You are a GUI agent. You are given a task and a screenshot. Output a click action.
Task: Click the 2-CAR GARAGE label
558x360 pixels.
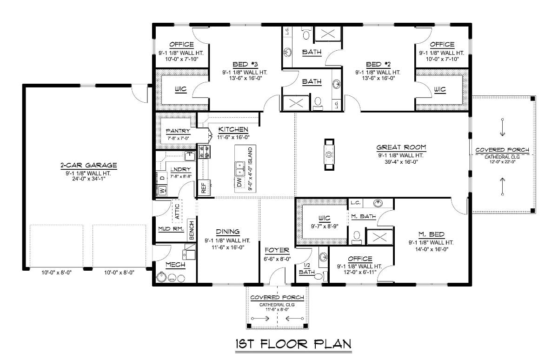(x=88, y=165)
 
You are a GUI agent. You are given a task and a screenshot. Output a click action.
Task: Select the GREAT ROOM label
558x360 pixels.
(x=401, y=147)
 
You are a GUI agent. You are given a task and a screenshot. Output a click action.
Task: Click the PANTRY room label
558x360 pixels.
(x=178, y=131)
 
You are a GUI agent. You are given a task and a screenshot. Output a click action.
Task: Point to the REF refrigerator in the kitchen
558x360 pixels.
(x=203, y=187)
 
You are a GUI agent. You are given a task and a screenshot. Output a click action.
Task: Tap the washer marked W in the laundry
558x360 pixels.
(x=162, y=190)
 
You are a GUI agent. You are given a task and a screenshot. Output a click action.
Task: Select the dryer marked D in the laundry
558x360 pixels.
(x=162, y=178)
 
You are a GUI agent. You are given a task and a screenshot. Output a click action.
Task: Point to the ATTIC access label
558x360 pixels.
(x=177, y=211)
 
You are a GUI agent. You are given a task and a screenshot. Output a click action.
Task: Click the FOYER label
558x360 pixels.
(x=277, y=250)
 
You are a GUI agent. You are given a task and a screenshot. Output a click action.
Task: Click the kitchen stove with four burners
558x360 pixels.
(x=205, y=152)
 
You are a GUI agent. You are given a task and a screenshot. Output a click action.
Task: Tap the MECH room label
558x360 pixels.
(x=175, y=265)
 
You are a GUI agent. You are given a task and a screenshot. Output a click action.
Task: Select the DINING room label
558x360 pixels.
(x=228, y=232)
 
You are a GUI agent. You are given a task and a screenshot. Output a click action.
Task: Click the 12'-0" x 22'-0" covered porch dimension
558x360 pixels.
(x=502, y=161)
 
